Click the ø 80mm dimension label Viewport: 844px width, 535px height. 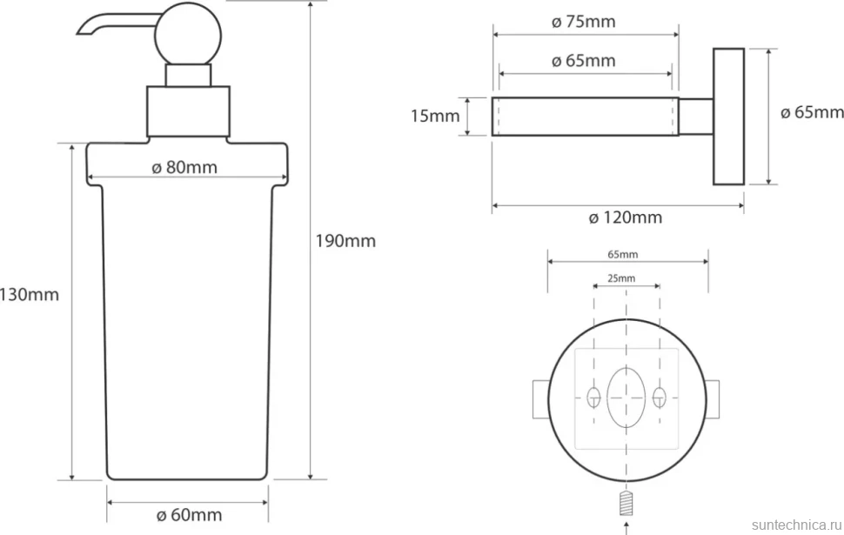tap(184, 167)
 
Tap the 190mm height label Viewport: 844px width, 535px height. tap(345, 241)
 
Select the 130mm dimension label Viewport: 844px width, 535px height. tap(29, 295)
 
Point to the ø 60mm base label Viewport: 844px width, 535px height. tap(190, 515)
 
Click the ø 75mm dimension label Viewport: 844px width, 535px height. tap(584, 22)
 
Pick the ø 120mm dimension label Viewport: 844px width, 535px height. tap(626, 217)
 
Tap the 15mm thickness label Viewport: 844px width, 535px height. tap(435, 116)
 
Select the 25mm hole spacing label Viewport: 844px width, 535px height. tap(621, 278)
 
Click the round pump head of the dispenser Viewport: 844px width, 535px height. tap(188, 35)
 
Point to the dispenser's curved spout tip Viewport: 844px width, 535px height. tap(81, 31)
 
